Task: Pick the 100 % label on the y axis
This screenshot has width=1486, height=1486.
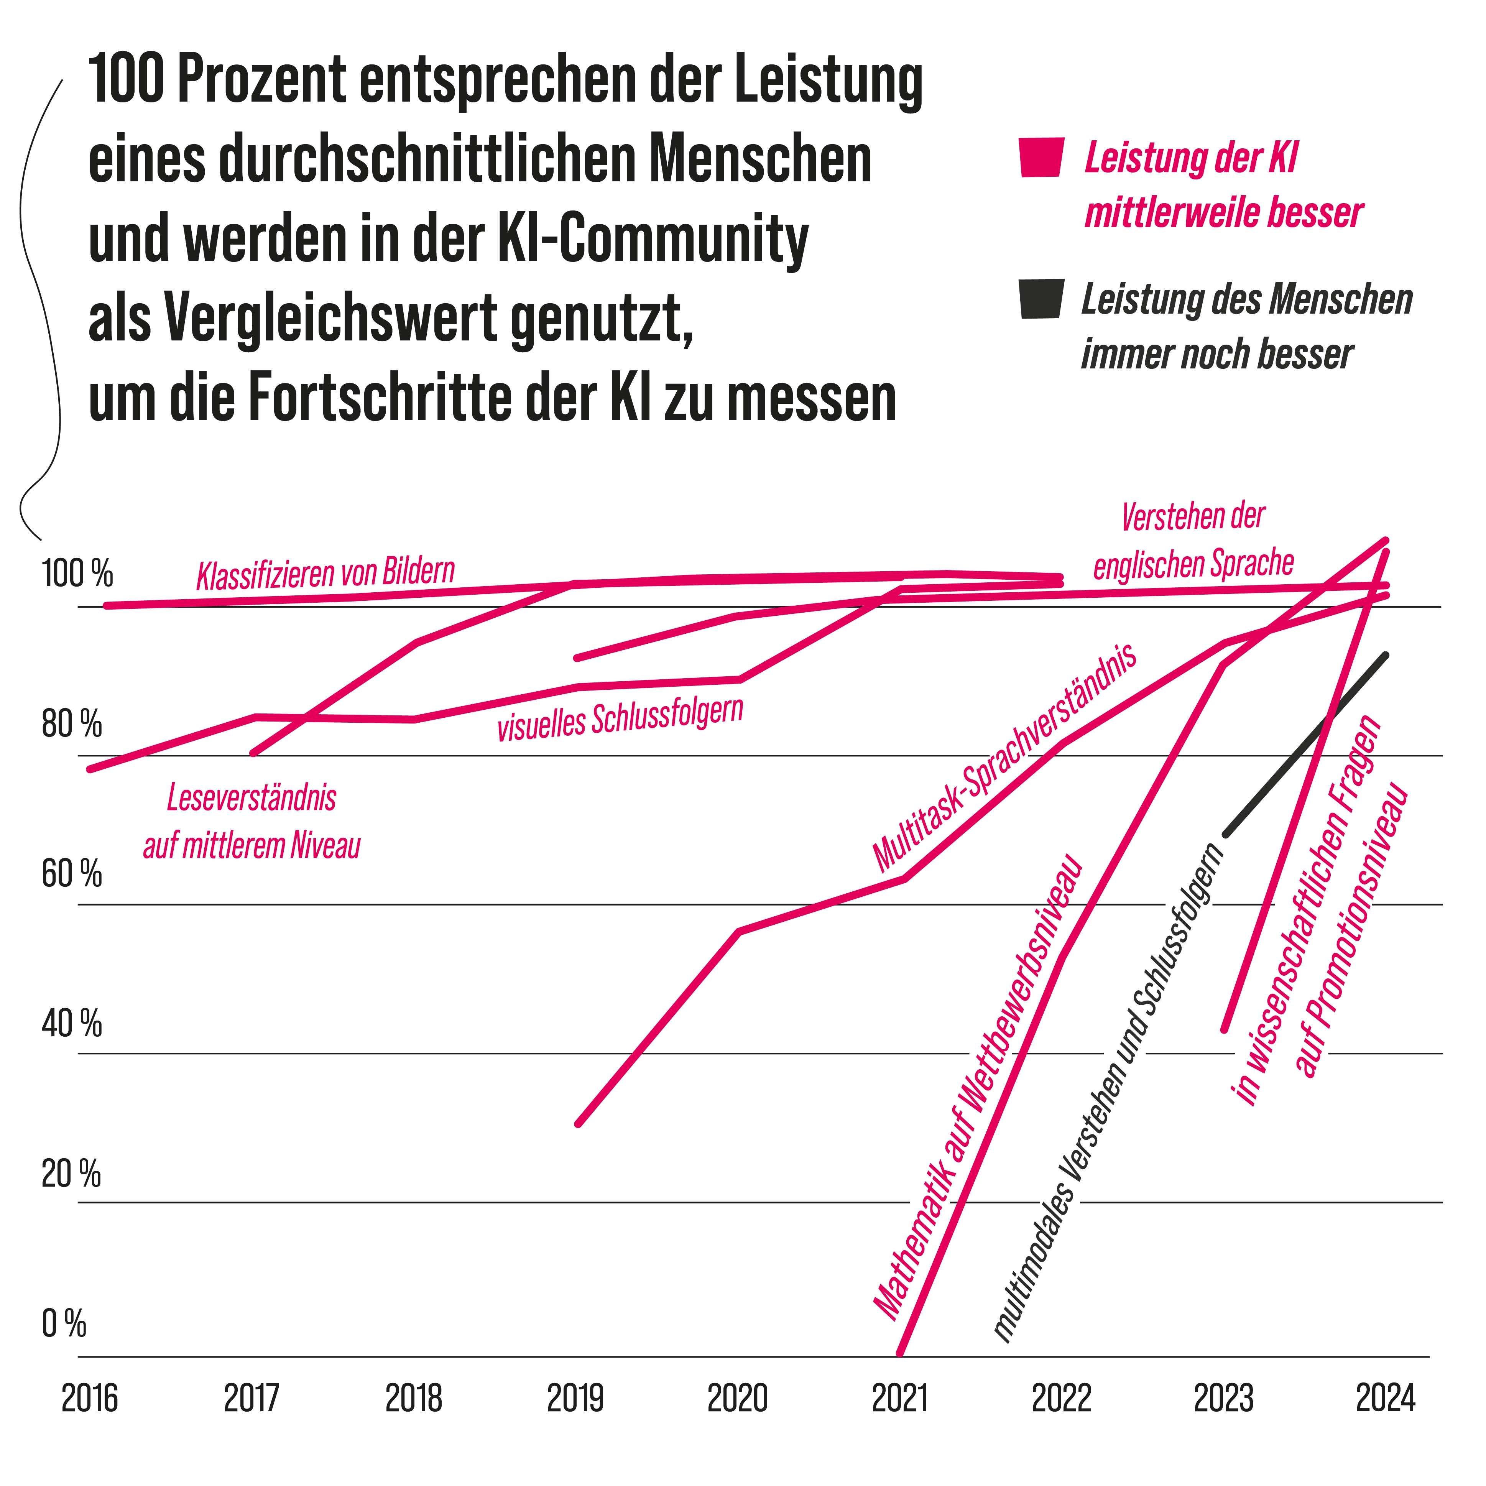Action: (x=77, y=575)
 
